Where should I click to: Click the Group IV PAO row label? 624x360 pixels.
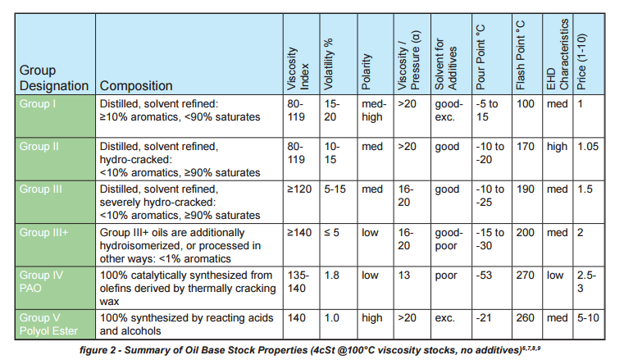tap(41, 281)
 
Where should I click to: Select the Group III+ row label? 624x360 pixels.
tap(43, 232)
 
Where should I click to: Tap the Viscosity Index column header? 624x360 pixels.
tap(298, 69)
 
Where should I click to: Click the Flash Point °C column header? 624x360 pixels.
tap(521, 55)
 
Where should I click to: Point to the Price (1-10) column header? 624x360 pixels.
tap(581, 62)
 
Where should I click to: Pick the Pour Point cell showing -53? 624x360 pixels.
tap(484, 276)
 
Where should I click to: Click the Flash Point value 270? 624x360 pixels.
tap(526, 276)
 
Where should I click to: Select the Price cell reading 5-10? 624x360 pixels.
tap(588, 318)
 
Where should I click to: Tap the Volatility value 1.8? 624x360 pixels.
tap(331, 276)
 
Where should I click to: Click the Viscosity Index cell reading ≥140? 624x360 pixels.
tap(299, 232)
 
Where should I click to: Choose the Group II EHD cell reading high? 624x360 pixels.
tap(557, 147)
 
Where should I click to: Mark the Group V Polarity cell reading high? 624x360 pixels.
tap(372, 318)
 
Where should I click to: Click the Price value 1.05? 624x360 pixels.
tap(588, 147)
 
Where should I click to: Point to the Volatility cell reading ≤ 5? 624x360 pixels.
tap(331, 232)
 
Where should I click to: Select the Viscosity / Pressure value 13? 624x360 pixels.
tap(404, 276)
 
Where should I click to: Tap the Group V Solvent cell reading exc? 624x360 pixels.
tap(445, 318)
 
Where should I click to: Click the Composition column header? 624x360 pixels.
tap(136, 85)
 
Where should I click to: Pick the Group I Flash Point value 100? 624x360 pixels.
tap(526, 104)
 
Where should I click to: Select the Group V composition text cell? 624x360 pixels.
tap(186, 324)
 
